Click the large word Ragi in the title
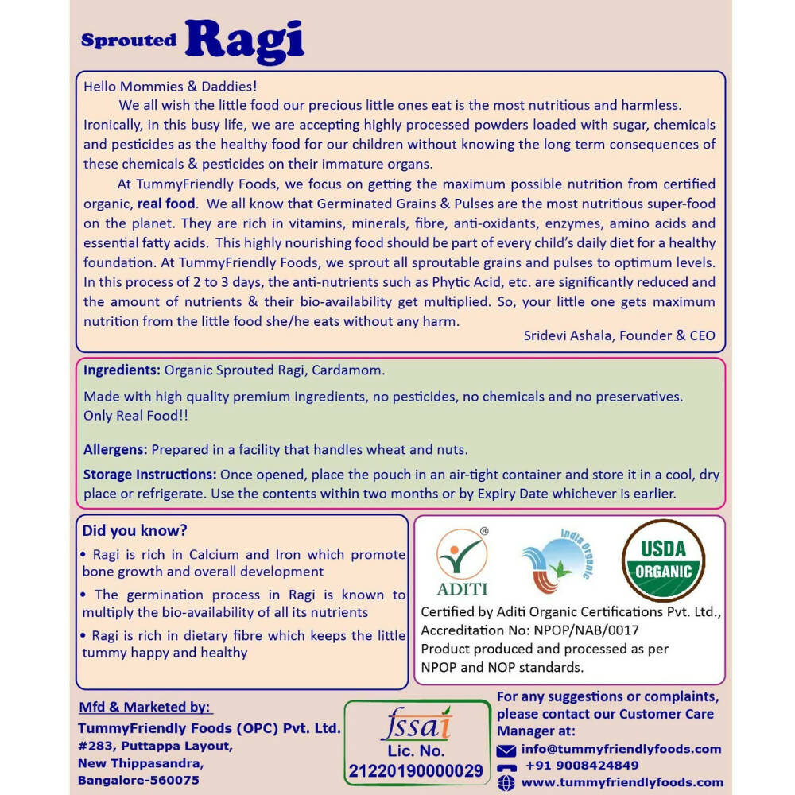coord(245,41)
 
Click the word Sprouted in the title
coord(129,41)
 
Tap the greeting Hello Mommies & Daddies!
coord(170,86)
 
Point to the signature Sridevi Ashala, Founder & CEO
coord(619,335)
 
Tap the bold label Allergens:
coord(116,450)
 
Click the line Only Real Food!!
coord(136,416)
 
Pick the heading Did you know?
coord(135,530)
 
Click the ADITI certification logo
coord(462,563)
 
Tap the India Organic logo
coord(556,563)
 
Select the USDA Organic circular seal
coord(663,560)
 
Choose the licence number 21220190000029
coord(416,770)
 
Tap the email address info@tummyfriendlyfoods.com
coord(621,749)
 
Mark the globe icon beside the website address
coord(506,783)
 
